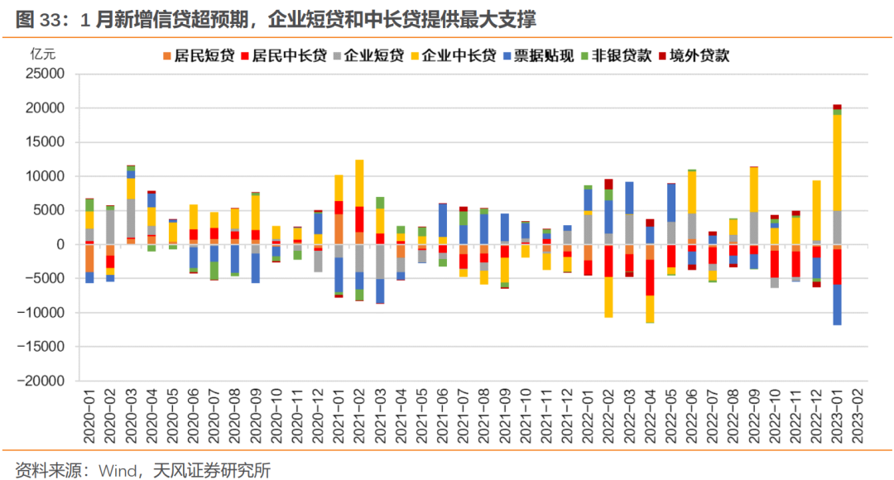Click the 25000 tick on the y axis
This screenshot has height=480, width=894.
pos(46,74)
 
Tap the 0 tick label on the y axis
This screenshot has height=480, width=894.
pos(60,244)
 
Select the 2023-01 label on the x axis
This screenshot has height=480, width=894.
pos(837,420)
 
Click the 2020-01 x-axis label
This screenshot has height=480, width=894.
pos(89,420)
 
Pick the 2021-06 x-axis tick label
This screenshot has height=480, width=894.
pos(443,420)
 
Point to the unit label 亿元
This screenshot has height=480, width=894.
pos(43,55)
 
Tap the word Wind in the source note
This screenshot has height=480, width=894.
pos(122,470)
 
